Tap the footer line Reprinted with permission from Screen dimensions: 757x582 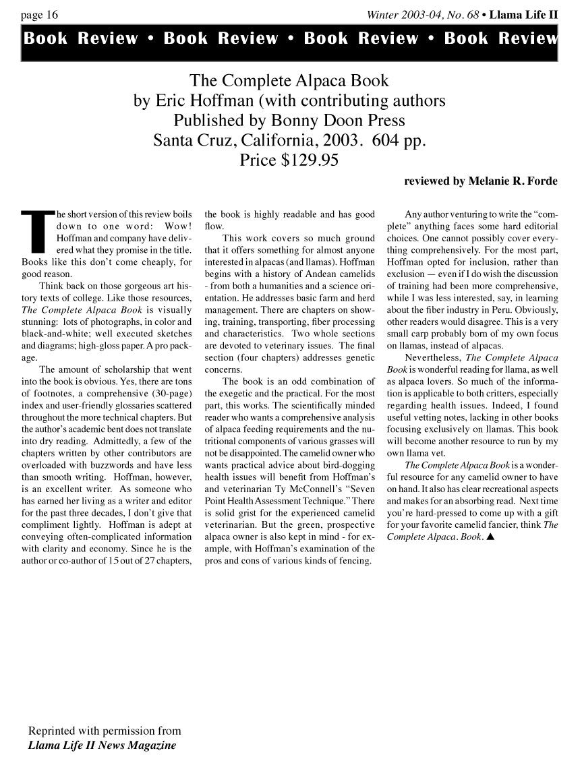pos(105,731)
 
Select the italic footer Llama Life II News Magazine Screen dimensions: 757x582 pos(102,746)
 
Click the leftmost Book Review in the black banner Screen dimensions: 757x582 pos(81,38)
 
